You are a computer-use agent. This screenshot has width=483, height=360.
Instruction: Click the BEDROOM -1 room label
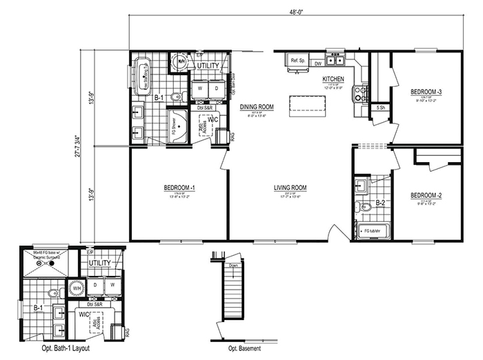pyautogui.click(x=179, y=188)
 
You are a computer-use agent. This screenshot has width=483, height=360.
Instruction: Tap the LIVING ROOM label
pyautogui.click(x=290, y=188)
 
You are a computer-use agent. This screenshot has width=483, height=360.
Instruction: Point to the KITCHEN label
pyautogui.click(x=333, y=79)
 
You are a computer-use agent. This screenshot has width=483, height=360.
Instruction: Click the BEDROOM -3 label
pyautogui.click(x=426, y=92)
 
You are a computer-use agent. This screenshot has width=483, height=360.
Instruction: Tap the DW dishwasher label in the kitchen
pyautogui.click(x=319, y=64)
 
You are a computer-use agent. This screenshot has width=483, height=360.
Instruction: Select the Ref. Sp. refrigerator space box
pyautogui.click(x=297, y=60)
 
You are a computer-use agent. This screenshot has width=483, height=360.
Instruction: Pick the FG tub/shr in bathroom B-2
pyautogui.click(x=373, y=230)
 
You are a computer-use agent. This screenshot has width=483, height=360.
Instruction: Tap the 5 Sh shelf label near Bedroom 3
pyautogui.click(x=380, y=108)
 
